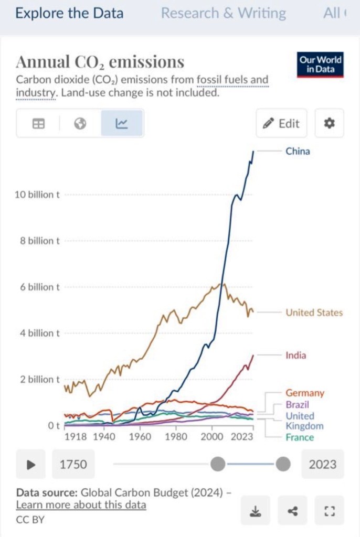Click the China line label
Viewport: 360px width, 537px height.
(x=298, y=151)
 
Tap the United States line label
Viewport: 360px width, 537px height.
(x=314, y=313)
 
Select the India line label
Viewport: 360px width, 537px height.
(x=295, y=355)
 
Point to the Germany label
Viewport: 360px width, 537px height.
(x=305, y=393)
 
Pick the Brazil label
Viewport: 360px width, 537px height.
(x=297, y=404)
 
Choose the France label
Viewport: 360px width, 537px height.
(x=300, y=437)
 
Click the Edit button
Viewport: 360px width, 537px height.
(x=282, y=124)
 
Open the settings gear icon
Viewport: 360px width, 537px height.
(x=329, y=124)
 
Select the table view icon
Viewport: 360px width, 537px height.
(x=38, y=124)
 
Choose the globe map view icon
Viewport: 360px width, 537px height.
(x=80, y=124)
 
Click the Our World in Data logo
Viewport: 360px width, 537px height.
(x=320, y=65)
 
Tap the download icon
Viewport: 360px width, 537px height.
(x=256, y=511)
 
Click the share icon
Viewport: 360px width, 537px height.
(x=293, y=511)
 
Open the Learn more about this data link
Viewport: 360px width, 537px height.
(x=81, y=505)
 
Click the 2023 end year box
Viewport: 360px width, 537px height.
(x=322, y=464)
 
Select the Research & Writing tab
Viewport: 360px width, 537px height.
(x=223, y=13)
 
